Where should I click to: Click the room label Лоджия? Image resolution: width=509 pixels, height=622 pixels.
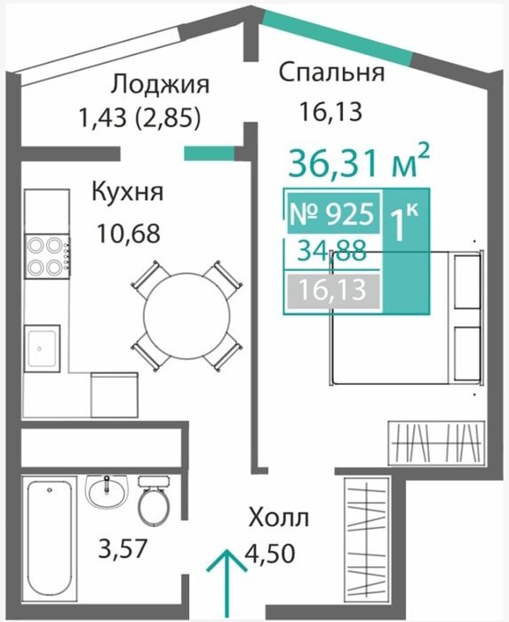point(160,85)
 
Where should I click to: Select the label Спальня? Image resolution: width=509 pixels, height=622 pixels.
point(332,73)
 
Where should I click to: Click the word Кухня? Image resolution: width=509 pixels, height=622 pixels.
point(128,193)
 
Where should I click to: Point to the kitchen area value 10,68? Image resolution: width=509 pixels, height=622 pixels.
point(129,233)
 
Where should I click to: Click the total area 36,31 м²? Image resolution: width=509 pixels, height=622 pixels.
point(359,162)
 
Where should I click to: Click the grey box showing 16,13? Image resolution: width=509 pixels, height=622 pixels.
point(332,290)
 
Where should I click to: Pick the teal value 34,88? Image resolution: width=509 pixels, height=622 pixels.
point(332,251)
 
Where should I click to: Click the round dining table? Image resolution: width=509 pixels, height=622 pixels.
point(187,315)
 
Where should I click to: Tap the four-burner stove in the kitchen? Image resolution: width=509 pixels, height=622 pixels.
point(47,256)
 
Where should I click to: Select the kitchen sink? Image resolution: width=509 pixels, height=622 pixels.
point(42,348)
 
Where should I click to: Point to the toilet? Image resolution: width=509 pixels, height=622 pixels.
point(155,500)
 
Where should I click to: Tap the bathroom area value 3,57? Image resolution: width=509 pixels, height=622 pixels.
point(123,548)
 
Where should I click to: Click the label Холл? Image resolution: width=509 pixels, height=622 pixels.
point(279,518)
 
